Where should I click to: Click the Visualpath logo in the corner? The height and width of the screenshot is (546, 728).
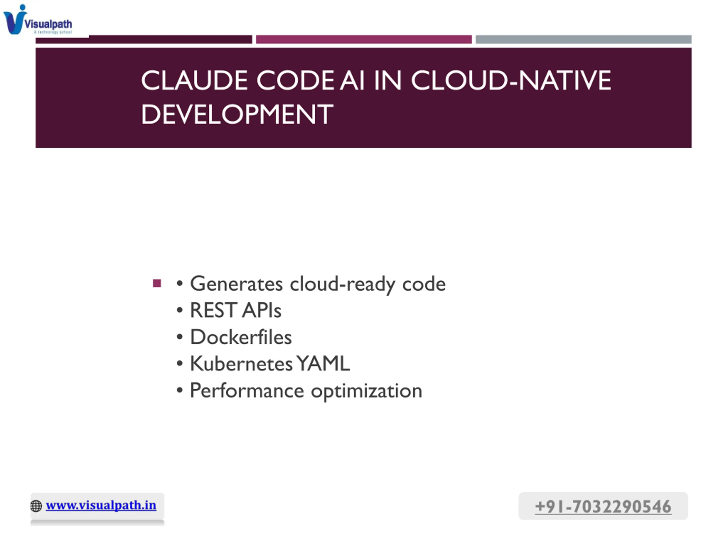pyautogui.click(x=38, y=19)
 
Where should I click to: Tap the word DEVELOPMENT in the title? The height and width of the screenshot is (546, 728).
pyautogui.click(x=237, y=114)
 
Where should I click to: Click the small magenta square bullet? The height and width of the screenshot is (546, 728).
pyautogui.click(x=157, y=283)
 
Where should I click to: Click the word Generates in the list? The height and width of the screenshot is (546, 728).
pyautogui.click(x=236, y=284)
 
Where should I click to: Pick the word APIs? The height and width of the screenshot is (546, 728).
pyautogui.click(x=262, y=310)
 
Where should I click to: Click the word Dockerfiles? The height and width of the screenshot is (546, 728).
pyautogui.click(x=241, y=337)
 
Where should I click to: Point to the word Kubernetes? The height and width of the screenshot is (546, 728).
pyautogui.click(x=241, y=364)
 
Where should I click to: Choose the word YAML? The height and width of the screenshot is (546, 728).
pyautogui.click(x=323, y=364)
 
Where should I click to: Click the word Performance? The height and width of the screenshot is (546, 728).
pyautogui.click(x=247, y=391)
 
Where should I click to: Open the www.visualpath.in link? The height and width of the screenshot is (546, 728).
pyautogui.click(x=101, y=505)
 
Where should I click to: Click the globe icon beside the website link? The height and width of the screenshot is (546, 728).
pyautogui.click(x=36, y=506)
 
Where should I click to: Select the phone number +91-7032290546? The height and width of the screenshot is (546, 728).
pyautogui.click(x=603, y=506)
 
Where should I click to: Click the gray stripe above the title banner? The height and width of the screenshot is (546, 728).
pyautogui.click(x=584, y=40)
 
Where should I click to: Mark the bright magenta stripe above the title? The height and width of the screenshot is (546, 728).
pyautogui.click(x=364, y=40)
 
